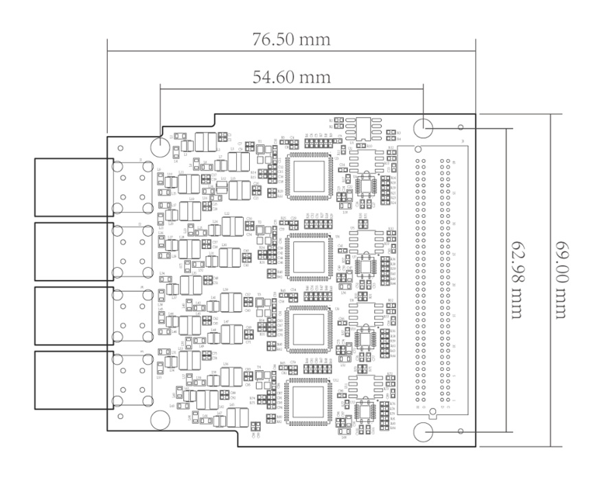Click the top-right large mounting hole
point(424,127)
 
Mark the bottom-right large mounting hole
point(424,432)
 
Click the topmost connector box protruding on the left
point(73,186)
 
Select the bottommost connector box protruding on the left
point(73,380)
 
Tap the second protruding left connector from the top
point(73,251)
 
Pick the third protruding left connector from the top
point(73,316)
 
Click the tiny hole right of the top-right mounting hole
point(461,127)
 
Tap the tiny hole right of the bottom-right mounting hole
point(461,431)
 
